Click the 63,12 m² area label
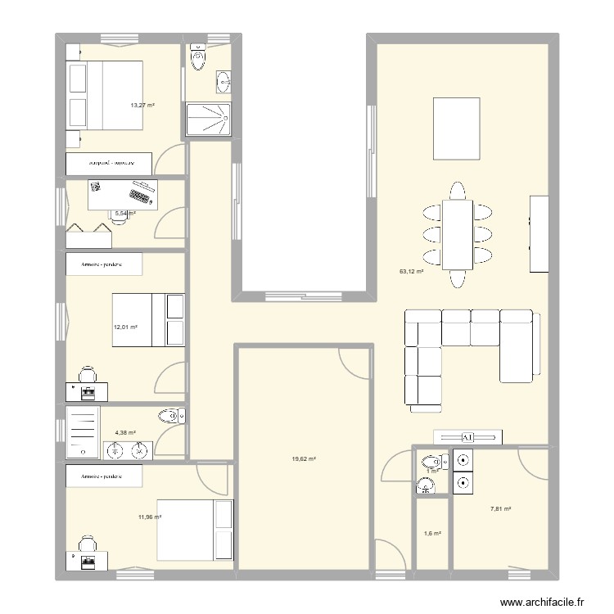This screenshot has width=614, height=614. [410, 271]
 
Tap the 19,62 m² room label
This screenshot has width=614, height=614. [302, 459]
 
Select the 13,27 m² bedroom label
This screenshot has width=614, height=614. [142, 105]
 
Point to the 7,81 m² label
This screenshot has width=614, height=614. [500, 509]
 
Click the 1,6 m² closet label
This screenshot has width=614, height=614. [431, 534]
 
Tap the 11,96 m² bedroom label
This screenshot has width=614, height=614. [150, 517]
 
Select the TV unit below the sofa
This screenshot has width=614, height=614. [467, 436]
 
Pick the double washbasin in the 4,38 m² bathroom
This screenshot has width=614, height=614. [129, 449]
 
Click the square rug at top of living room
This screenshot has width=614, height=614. [456, 129]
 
